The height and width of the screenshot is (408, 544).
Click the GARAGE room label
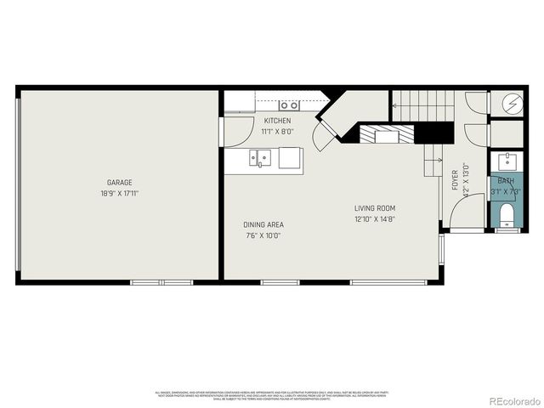click(119, 183)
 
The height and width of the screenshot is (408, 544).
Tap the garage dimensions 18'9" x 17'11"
click(119, 194)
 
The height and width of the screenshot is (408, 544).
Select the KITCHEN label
click(277, 121)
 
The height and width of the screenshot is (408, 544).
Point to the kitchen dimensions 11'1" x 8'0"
click(277, 132)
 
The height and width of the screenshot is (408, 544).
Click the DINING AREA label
click(262, 224)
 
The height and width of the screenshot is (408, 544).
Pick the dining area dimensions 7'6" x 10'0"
click(262, 235)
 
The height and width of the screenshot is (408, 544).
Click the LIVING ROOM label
click(375, 208)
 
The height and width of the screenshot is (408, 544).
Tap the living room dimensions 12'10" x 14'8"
click(375, 219)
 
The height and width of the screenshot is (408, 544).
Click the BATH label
click(506, 181)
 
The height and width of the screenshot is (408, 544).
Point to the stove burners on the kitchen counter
click(290, 105)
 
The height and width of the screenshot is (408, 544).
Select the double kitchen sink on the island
click(259, 156)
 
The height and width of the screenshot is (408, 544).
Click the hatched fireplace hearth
click(386, 134)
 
